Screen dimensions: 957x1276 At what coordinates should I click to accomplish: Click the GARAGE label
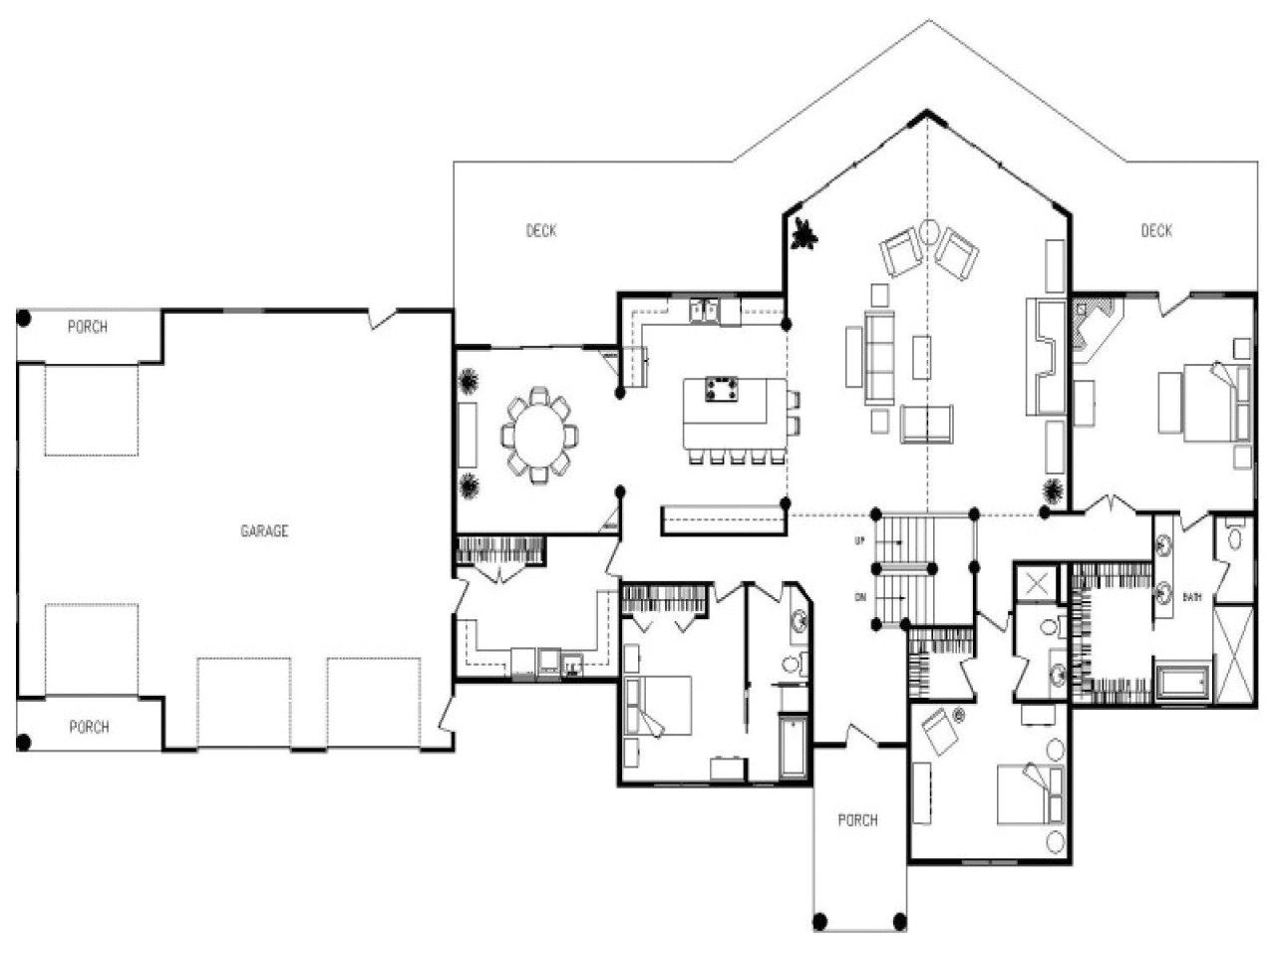coord(264,531)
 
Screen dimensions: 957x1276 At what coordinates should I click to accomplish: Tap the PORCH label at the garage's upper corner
coord(88,327)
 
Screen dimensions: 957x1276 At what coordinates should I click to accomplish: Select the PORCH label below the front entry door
coord(857,820)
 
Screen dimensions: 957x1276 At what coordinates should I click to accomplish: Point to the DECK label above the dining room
coord(541,231)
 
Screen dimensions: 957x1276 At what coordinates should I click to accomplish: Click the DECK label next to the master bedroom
coord(1156,231)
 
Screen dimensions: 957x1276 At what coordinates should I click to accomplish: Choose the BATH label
coord(1191,597)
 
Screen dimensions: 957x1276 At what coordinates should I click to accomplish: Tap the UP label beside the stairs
coord(859,541)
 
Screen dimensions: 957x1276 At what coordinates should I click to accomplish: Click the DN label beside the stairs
coord(859,598)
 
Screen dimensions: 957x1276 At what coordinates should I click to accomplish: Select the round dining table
coord(539,436)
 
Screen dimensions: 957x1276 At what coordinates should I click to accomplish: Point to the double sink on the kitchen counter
coord(706,311)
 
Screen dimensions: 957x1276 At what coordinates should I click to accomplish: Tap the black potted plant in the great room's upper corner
coord(802,235)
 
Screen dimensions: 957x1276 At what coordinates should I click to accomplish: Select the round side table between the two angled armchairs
coord(929,232)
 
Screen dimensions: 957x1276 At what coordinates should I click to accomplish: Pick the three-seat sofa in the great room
coord(880,356)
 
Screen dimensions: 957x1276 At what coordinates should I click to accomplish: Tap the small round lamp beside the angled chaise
coord(960,715)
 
